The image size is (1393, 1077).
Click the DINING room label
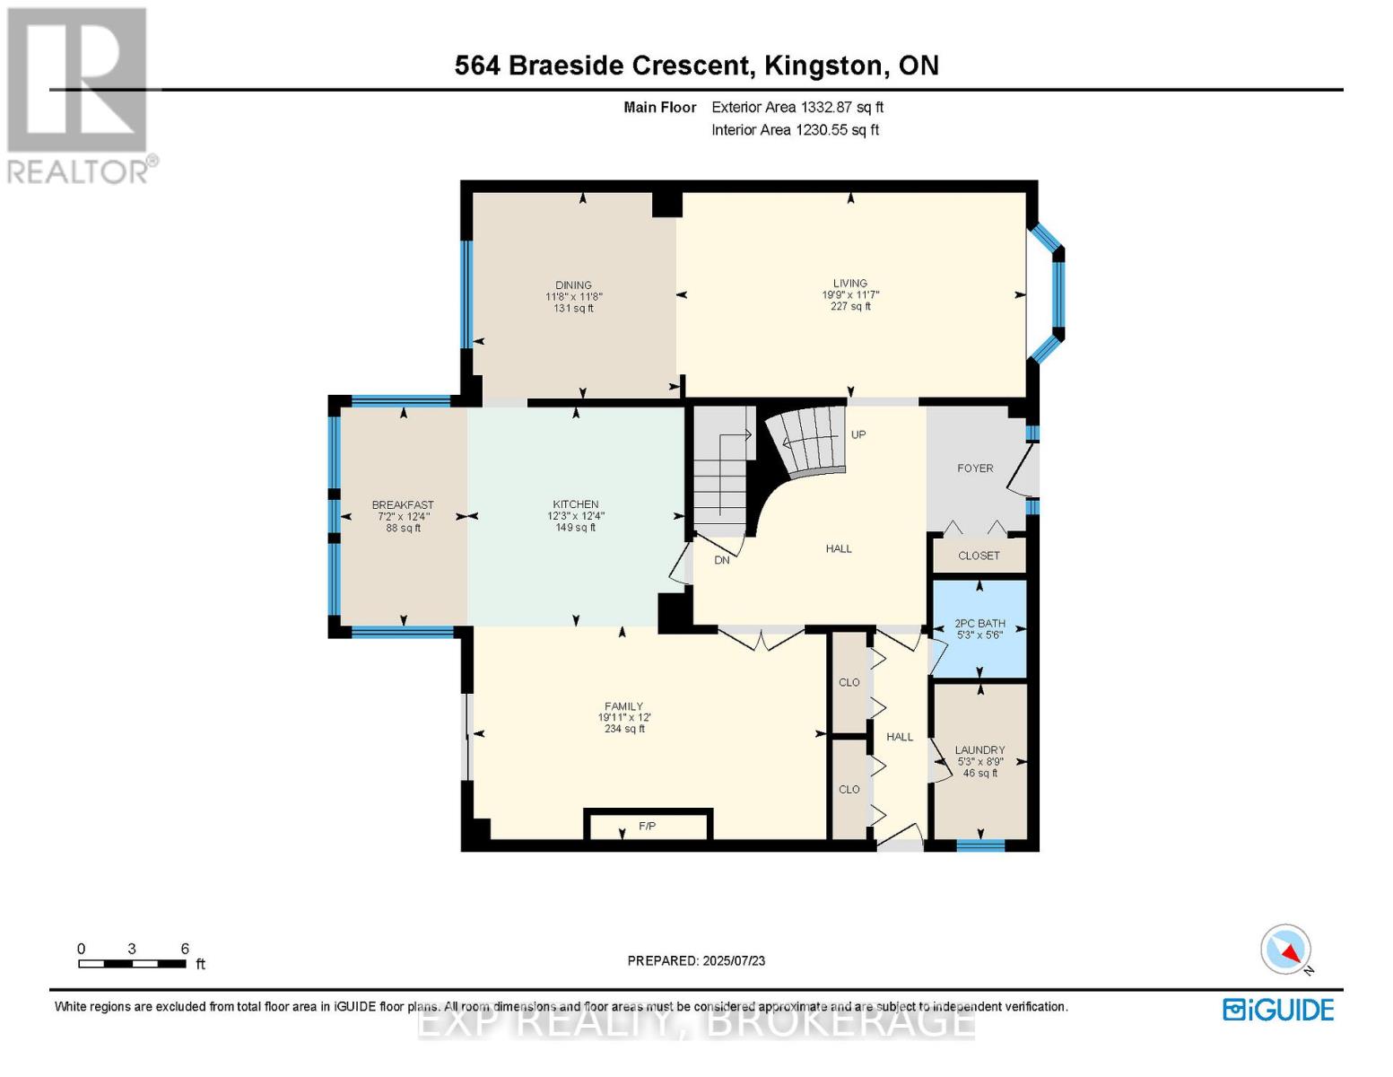pos(574,285)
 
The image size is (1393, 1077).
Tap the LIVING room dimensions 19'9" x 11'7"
pos(850,295)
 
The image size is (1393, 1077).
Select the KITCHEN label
pos(576,504)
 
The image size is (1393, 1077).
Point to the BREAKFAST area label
pos(403,504)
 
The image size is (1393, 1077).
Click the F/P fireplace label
pos(648,827)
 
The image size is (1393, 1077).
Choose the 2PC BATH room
pos(979,628)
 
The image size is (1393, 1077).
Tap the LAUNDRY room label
pos(979,749)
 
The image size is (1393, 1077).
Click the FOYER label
pos(975,468)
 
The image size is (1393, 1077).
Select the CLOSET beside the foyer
pos(979,556)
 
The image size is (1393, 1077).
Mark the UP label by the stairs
pos(858,435)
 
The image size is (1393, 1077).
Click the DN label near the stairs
pos(722,560)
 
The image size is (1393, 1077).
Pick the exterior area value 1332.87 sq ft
pos(842,107)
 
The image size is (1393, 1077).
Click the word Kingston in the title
pos(823,66)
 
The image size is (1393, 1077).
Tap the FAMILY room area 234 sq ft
pos(624,729)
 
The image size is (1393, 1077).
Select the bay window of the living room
pos(1048,293)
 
